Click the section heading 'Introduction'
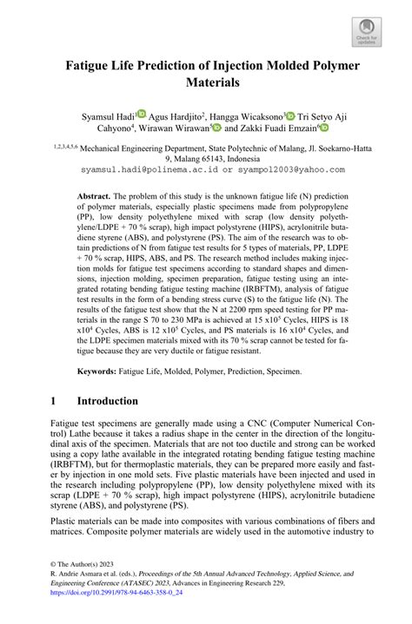(x=107, y=402)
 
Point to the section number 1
(x=55, y=402)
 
